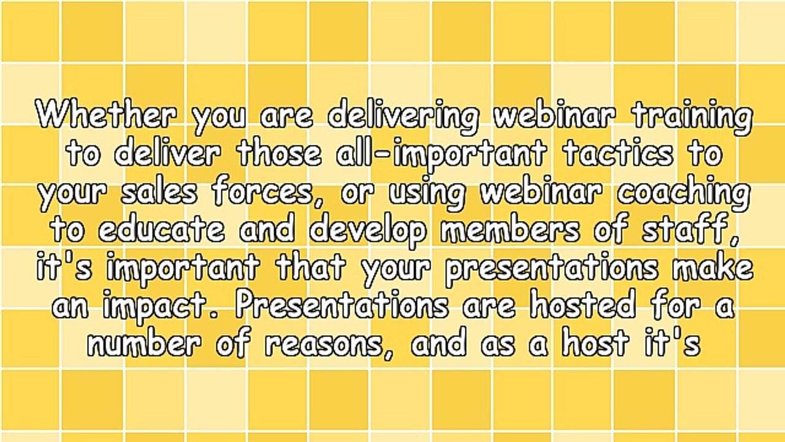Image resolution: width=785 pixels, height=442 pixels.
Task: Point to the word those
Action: pos(280,153)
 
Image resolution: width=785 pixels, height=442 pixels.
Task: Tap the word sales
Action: pos(159,192)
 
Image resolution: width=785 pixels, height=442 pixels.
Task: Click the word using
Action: pos(427,193)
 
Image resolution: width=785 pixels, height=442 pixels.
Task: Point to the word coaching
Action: pos(683,193)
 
